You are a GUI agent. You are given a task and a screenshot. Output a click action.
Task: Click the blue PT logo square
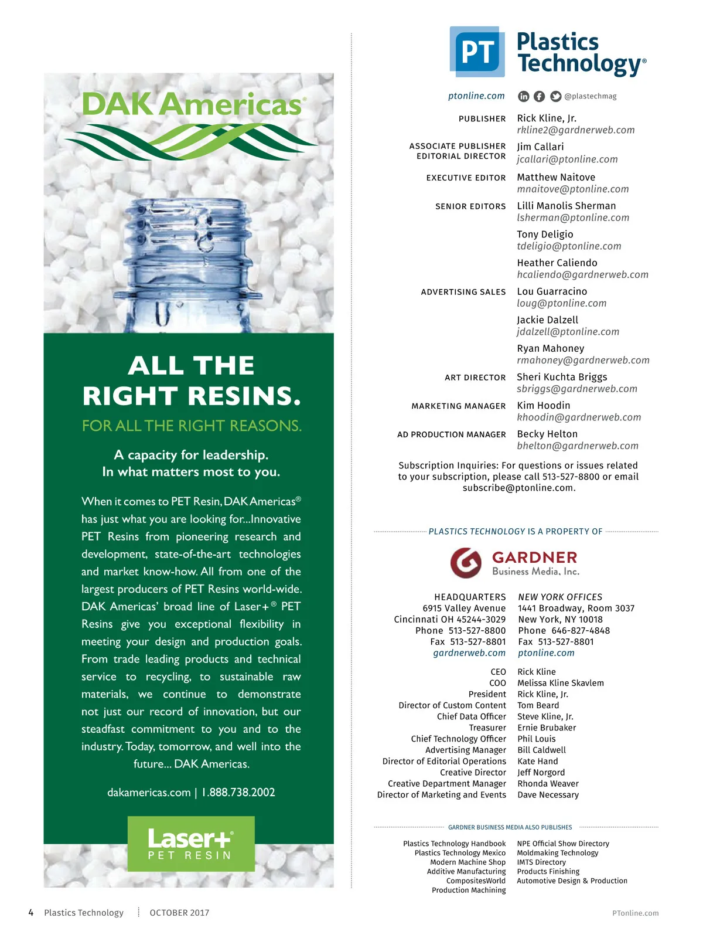(x=477, y=52)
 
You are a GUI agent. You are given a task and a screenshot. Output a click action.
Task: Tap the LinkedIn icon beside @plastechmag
(x=524, y=96)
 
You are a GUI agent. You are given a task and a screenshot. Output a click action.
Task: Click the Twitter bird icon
(x=555, y=96)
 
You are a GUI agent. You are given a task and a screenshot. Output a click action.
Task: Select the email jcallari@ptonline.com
(x=567, y=159)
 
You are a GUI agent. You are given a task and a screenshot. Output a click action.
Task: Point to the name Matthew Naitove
(x=556, y=177)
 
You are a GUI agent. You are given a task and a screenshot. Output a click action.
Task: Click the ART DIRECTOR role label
(x=475, y=378)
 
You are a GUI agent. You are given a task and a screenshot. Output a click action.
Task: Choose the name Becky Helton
(x=547, y=434)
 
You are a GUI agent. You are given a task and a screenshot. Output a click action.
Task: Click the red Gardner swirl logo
(x=466, y=562)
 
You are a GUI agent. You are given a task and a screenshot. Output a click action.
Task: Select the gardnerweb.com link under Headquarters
(x=469, y=653)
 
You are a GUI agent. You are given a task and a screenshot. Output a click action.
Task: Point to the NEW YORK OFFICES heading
(x=560, y=597)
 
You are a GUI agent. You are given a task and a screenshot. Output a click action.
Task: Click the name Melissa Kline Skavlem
(x=561, y=683)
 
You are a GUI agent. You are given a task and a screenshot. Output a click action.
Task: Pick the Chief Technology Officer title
(x=458, y=739)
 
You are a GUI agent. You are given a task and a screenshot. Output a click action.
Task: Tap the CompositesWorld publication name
(x=476, y=881)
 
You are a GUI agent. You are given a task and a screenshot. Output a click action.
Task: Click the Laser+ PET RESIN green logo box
(x=191, y=844)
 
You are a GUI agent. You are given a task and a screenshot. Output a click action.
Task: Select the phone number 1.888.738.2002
(x=238, y=793)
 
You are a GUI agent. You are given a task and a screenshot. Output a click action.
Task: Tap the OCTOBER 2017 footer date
(x=179, y=913)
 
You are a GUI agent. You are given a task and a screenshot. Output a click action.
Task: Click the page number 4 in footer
(x=31, y=913)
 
